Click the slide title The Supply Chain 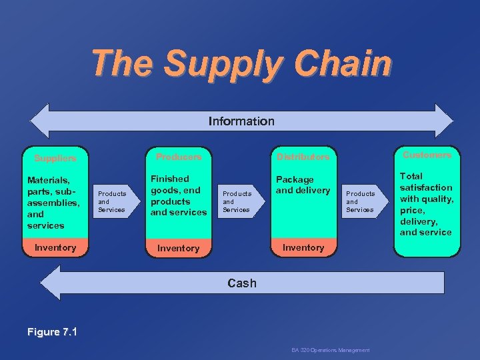coord(241,63)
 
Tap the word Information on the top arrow coord(241,121)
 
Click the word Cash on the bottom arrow coord(241,283)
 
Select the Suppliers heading coord(55,159)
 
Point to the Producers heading coord(178,157)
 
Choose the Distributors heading coord(303,157)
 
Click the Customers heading coord(427,155)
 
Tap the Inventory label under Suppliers coord(55,247)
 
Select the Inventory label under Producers coord(178,248)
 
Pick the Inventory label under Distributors coord(303,247)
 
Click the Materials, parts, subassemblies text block coord(53,202)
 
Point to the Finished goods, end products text coord(178,195)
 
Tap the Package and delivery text coord(303,185)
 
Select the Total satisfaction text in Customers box coord(426,204)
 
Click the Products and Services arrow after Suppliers coord(113,201)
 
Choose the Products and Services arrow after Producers coord(237,201)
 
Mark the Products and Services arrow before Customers coord(361,201)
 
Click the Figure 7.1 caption coord(52,331)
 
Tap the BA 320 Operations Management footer coord(330,350)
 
